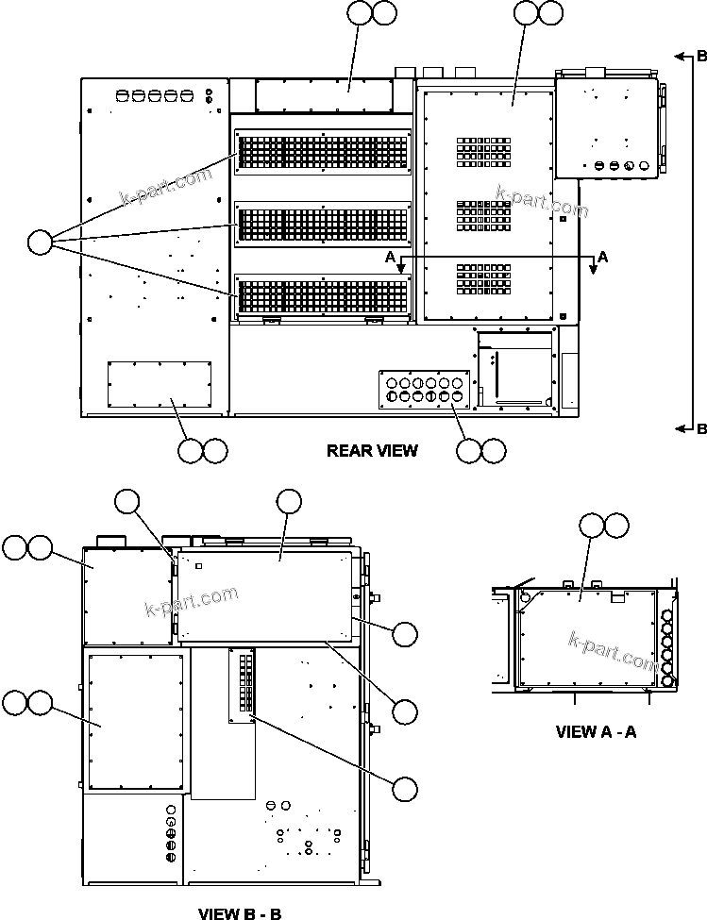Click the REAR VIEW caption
[372, 450]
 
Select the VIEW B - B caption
[240, 912]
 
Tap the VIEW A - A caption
[596, 731]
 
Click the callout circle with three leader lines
[40, 243]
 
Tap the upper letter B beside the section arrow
[700, 56]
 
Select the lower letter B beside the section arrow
[700, 429]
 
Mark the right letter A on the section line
[603, 257]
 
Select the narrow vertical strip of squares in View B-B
[242, 685]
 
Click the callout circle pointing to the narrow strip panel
[406, 789]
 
